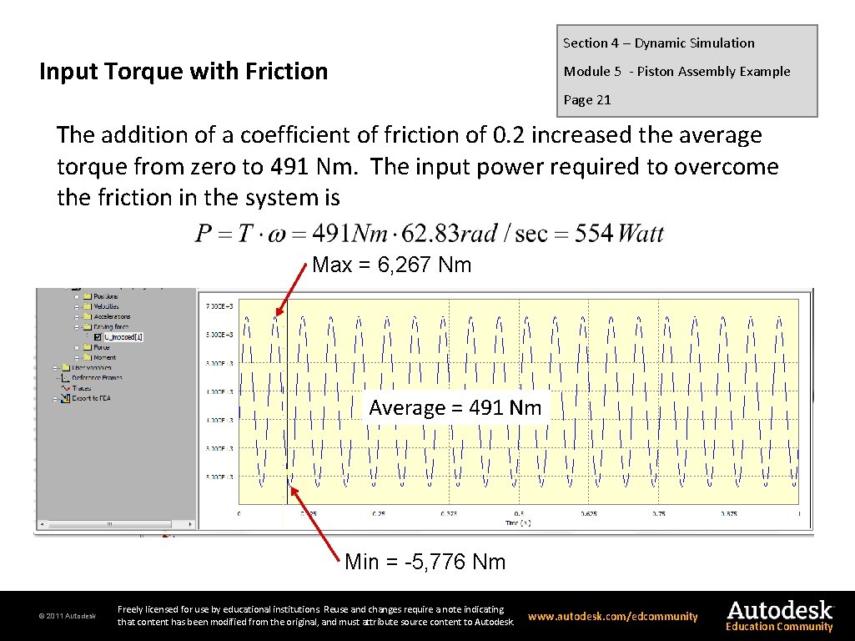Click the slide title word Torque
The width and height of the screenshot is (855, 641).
coord(148,72)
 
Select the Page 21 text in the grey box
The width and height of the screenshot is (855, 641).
coord(587,100)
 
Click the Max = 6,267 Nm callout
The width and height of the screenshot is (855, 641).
coord(391,265)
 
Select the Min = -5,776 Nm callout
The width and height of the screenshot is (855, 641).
coord(425,562)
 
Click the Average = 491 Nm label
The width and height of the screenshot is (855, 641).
coord(455,408)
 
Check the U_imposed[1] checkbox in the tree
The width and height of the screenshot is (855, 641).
coord(98,337)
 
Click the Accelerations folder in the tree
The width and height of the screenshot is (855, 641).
coord(112,317)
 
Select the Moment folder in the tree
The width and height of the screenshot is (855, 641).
coord(104,357)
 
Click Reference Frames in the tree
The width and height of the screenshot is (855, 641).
coord(96,378)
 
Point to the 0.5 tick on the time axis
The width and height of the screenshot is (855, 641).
coord(519,513)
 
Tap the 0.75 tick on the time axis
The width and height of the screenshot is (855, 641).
coord(658,513)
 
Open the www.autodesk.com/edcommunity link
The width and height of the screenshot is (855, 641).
coord(613,617)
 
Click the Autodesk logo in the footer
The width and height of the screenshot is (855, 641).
coord(779,609)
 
